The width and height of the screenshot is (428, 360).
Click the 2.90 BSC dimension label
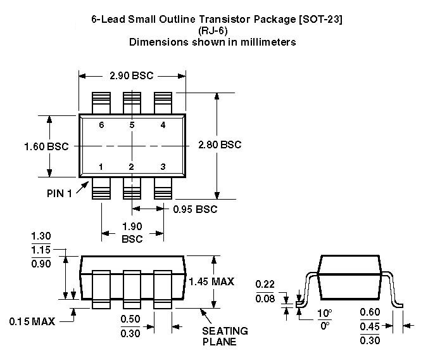pos(132,75)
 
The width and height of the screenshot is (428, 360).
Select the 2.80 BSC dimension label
pos(220,145)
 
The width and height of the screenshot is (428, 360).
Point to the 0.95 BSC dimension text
pos(195,209)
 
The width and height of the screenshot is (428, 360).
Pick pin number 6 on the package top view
pos(101,125)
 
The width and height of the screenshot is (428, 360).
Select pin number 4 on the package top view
pos(163,125)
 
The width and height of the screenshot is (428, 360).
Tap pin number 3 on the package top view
pos(163,167)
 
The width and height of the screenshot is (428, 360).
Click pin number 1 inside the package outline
pos(101,167)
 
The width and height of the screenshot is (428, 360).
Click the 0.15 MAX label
pos(32,321)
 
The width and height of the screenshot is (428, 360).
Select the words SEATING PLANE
pos(225,337)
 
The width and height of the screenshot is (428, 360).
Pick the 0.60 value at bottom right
pos(370,312)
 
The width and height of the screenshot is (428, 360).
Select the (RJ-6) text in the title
pos(213,30)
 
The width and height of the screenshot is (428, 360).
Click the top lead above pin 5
pos(132,102)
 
